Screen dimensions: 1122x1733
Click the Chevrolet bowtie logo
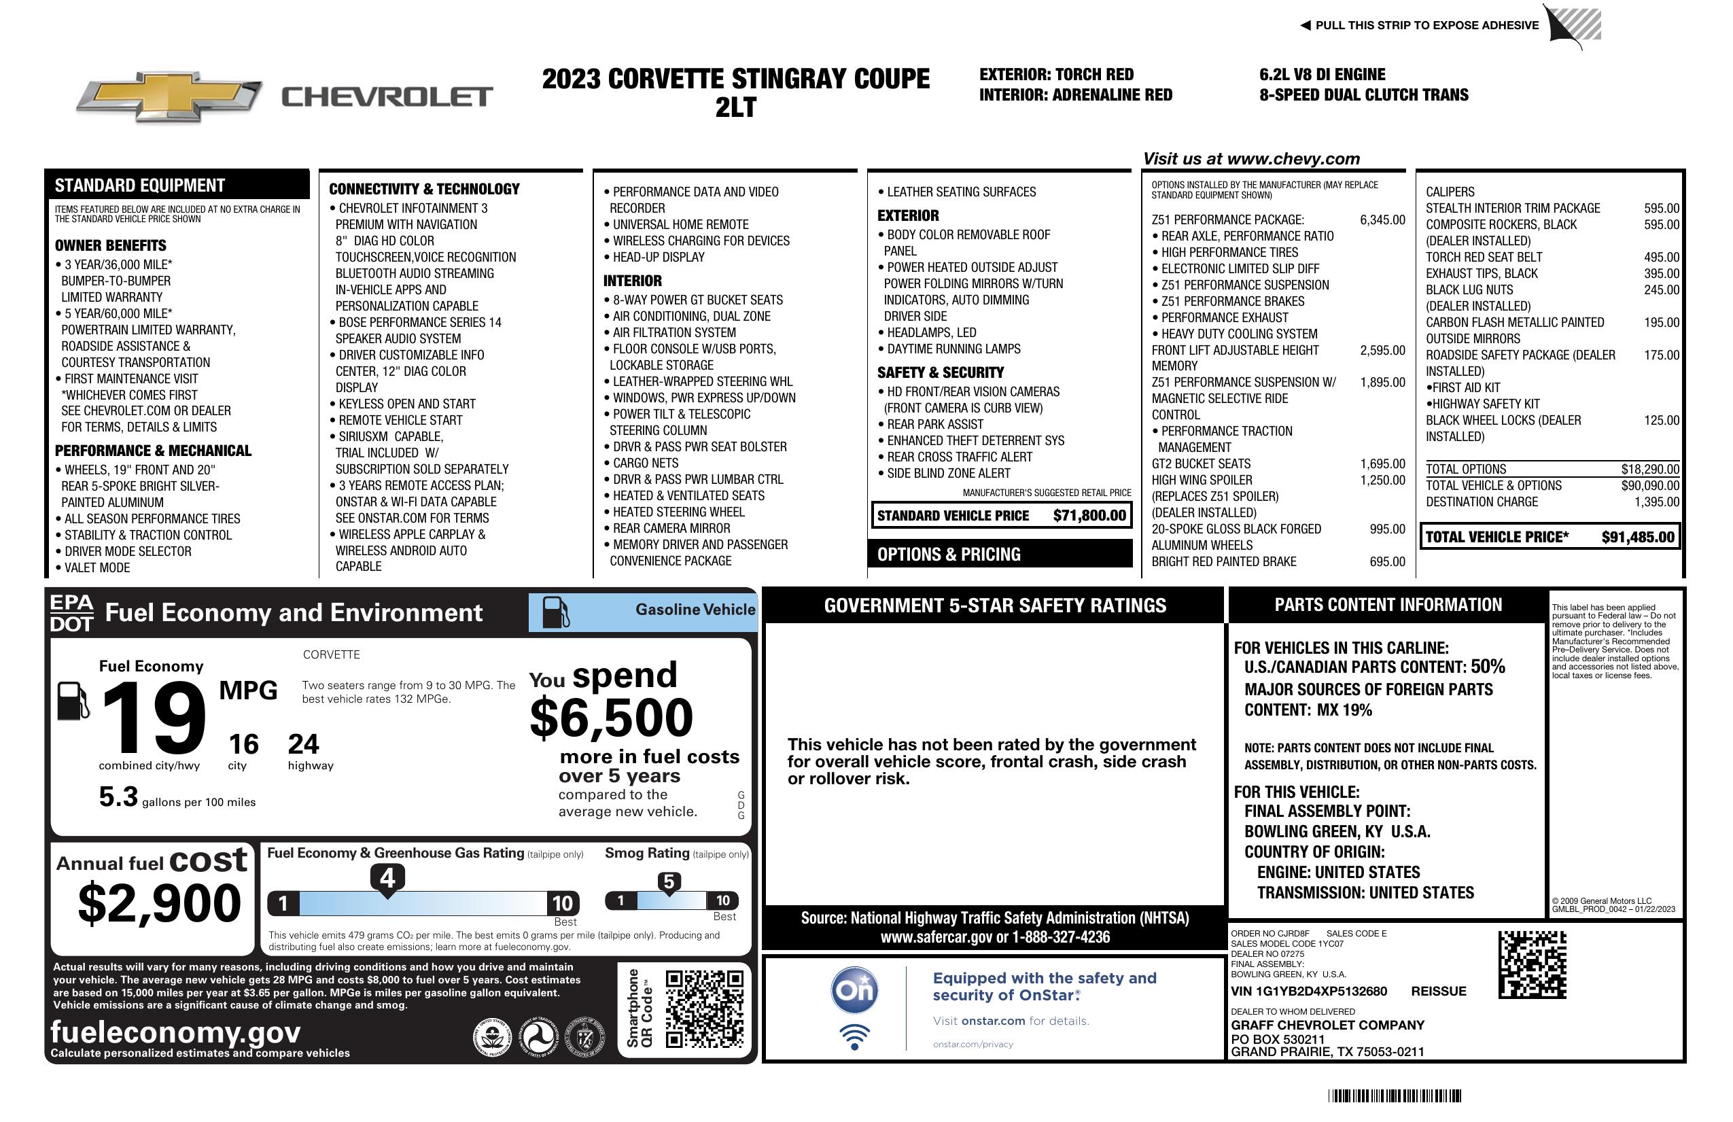pos(169,96)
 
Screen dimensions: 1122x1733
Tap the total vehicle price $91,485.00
pos(1638,538)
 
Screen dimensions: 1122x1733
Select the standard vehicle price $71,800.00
pos(1089,516)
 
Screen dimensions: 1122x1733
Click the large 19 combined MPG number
pos(154,718)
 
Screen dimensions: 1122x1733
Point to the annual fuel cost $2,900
pos(159,903)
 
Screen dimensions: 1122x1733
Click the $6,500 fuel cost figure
pos(611,718)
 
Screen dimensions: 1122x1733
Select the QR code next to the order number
pos(1532,964)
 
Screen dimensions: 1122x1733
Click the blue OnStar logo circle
pos(854,990)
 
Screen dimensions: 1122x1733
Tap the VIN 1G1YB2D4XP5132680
pos(1308,991)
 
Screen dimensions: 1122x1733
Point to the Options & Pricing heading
pos(949,554)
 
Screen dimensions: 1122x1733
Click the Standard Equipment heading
pos(140,185)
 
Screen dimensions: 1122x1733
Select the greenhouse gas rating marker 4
pos(387,879)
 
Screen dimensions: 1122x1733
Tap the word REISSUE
pos(1438,991)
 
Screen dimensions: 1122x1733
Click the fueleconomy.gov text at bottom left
pos(175,1032)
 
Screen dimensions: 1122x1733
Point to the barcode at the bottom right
pos(1394,1095)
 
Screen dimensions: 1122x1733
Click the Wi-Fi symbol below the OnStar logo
pos(854,1036)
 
